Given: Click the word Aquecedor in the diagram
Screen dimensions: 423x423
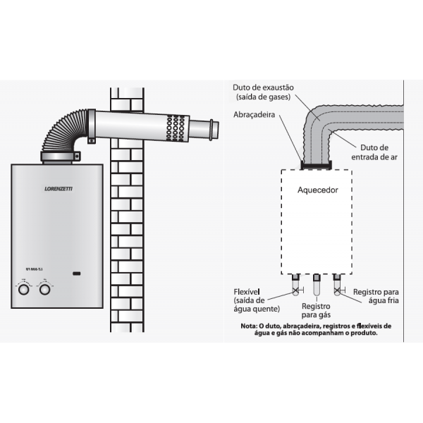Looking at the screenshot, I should pos(318,190).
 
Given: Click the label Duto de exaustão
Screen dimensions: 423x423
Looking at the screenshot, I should pos(263,87).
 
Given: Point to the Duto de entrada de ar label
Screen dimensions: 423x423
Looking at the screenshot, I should pos(375,152).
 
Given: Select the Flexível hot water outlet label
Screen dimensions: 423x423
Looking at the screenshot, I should pos(257,300).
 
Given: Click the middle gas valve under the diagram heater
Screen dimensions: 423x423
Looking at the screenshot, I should pos(317,286).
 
